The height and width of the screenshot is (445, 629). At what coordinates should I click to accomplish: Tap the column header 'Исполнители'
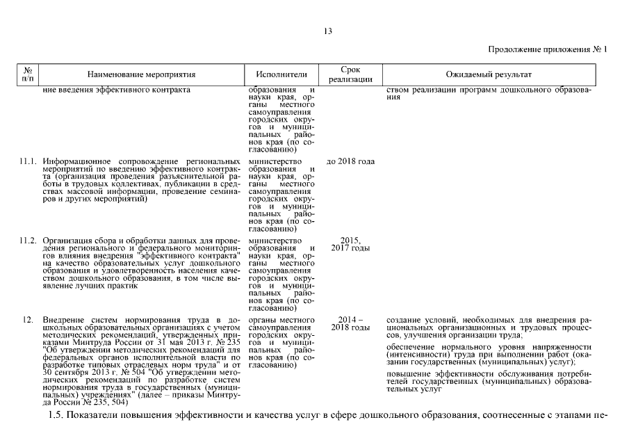click(281, 74)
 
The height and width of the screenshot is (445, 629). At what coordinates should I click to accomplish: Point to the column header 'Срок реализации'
click(350, 74)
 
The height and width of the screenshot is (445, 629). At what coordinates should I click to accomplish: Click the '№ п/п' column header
click(28, 74)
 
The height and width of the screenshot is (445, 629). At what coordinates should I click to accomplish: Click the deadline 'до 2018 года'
click(350, 162)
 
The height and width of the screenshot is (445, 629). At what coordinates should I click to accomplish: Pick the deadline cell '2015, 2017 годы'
click(350, 244)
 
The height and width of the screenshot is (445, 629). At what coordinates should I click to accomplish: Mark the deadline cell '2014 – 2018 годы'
click(350, 323)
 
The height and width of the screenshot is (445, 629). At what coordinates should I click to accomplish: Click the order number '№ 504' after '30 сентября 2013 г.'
click(113, 372)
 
